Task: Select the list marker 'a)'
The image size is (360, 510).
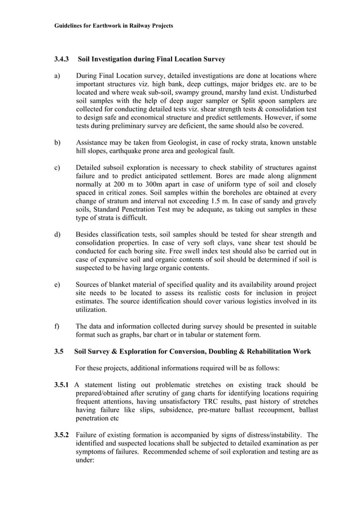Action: tap(57, 76)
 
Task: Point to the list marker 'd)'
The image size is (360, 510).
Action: tap(57, 234)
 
